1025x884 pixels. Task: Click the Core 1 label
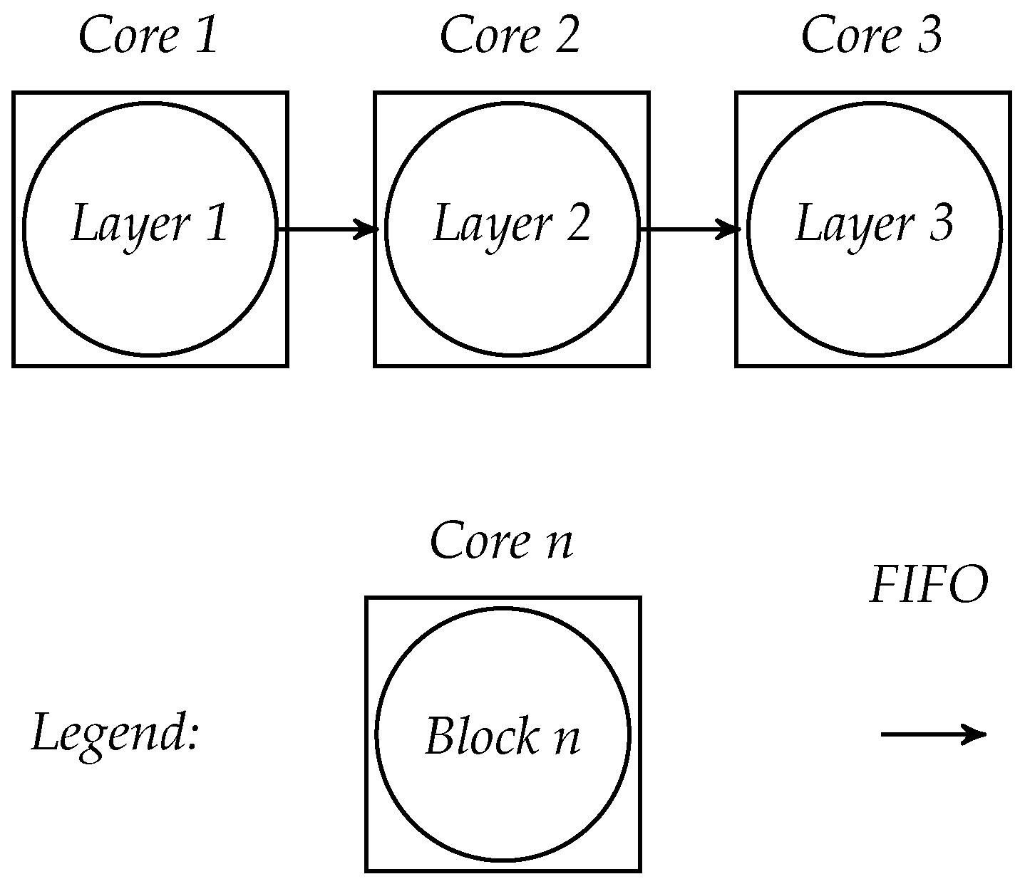click(148, 36)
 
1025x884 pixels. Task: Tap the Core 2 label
click(510, 36)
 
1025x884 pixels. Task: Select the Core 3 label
click(871, 36)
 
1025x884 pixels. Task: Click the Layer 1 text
click(150, 224)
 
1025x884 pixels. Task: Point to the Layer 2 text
click(512, 224)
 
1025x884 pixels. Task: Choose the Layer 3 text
click(874, 224)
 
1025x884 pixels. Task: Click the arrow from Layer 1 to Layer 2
click(328, 229)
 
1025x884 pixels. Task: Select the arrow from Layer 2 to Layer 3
click(690, 229)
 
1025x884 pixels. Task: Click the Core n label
click(502, 541)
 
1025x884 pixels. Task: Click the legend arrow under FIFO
click(933, 734)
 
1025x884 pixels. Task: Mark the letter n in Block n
click(567, 739)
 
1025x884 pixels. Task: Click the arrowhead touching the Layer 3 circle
click(730, 229)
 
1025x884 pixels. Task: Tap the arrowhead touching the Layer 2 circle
click(368, 229)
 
